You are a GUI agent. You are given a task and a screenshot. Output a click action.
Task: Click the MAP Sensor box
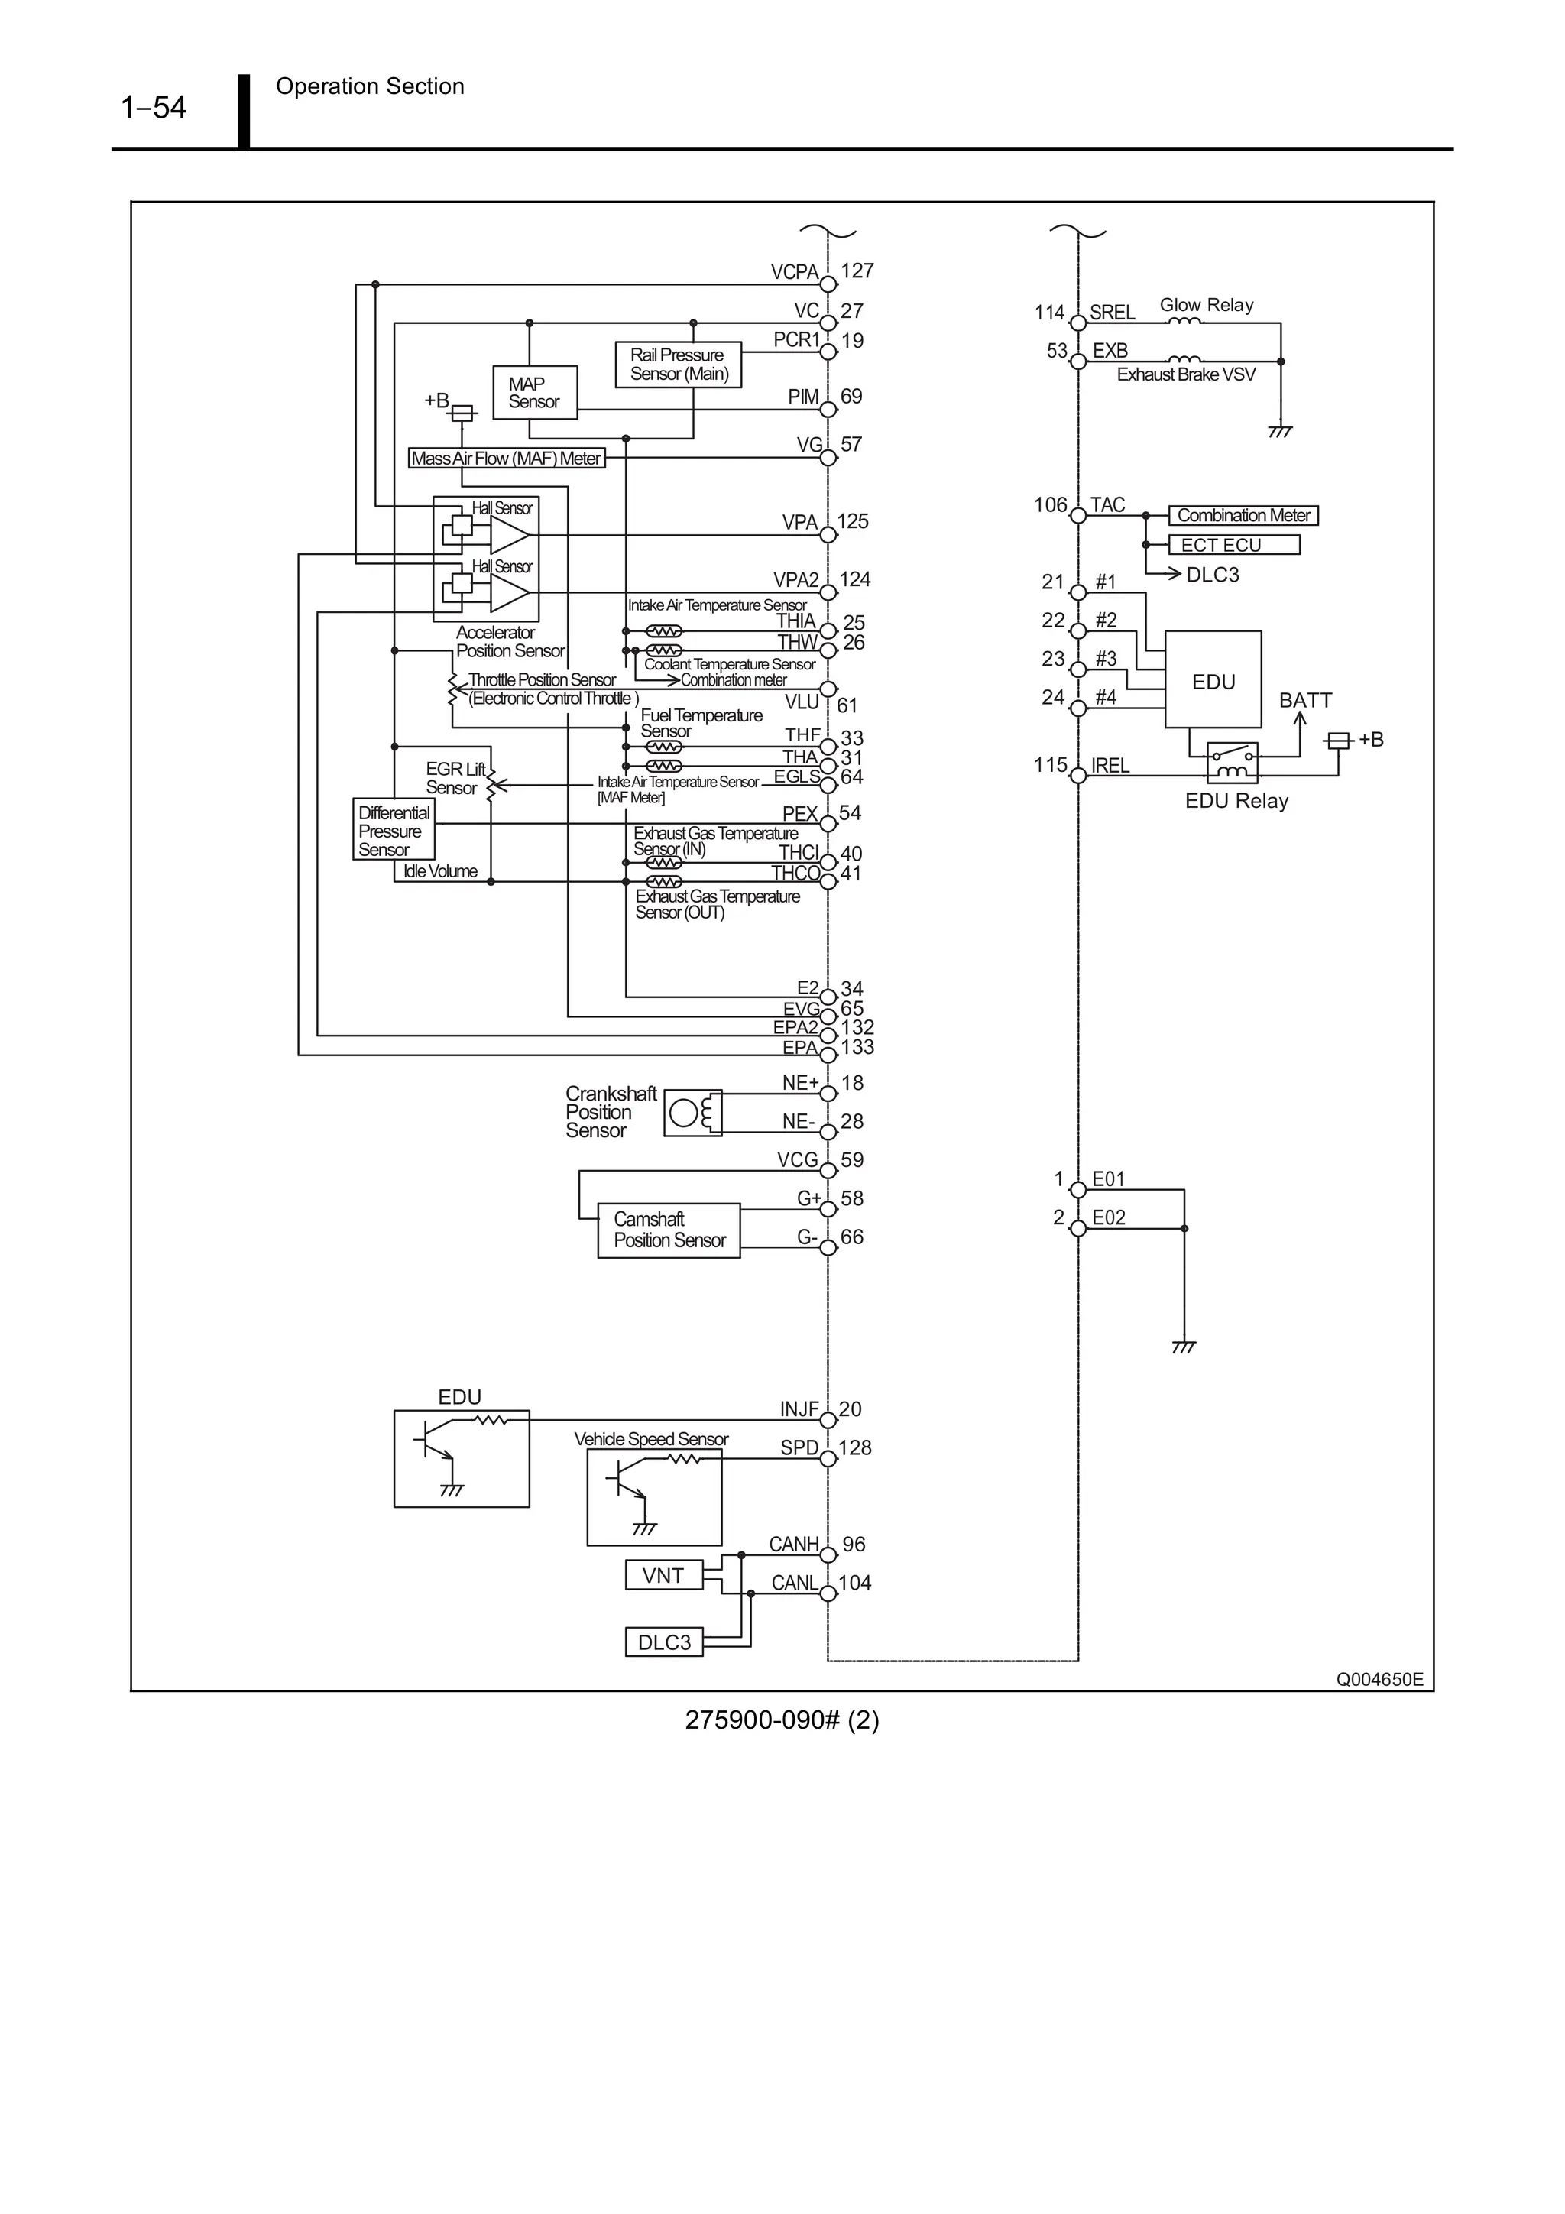click(534, 393)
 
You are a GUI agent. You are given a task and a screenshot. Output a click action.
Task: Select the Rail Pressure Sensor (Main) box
click(678, 365)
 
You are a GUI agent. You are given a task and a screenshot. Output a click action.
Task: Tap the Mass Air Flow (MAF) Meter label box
click(506, 458)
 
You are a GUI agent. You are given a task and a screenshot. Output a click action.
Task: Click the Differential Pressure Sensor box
click(394, 830)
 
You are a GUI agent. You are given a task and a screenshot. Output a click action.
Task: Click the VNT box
click(663, 1576)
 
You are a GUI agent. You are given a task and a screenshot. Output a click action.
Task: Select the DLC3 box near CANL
click(663, 1642)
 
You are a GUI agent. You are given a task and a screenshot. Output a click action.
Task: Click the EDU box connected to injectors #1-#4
click(1212, 681)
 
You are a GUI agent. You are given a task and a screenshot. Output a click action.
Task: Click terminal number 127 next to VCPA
click(857, 271)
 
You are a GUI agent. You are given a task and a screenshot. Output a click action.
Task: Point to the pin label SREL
click(1111, 313)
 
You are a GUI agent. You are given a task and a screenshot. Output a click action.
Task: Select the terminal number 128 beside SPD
click(854, 1448)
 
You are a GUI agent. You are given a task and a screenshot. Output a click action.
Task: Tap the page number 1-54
click(154, 107)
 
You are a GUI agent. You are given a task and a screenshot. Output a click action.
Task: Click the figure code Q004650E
click(1378, 1680)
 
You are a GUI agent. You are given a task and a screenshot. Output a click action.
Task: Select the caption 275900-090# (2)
click(781, 1720)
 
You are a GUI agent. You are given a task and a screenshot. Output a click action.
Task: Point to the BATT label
click(1304, 700)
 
